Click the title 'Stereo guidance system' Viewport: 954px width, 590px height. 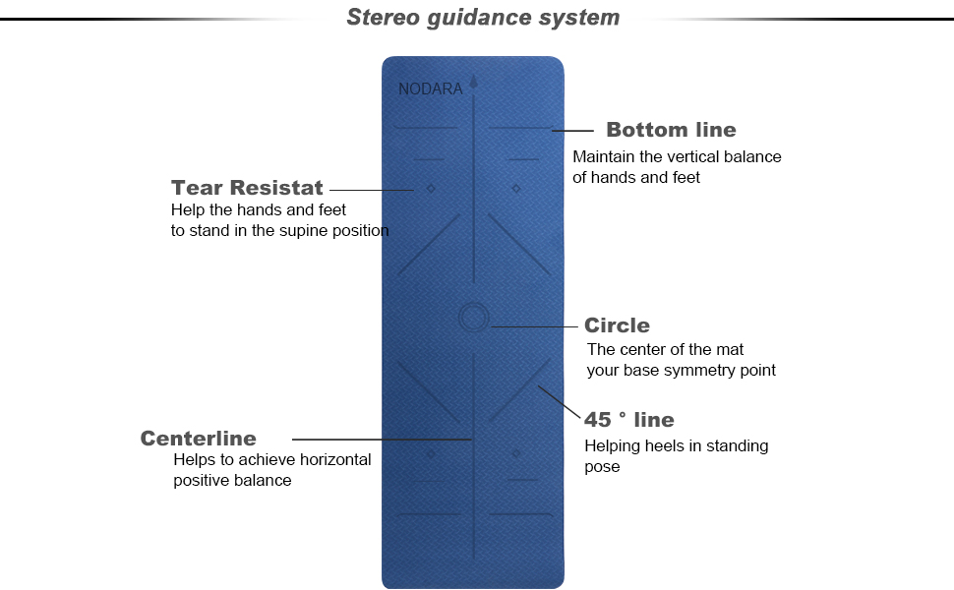pyautogui.click(x=483, y=18)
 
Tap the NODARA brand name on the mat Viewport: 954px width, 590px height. pyautogui.click(x=430, y=89)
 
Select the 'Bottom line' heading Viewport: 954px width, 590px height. pyautogui.click(x=671, y=130)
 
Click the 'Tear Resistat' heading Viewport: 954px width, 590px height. pyautogui.click(x=247, y=188)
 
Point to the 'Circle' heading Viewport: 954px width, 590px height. pyautogui.click(x=617, y=325)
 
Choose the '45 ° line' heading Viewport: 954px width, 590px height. pyautogui.click(x=629, y=420)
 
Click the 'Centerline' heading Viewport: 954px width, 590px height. pyautogui.click(x=198, y=439)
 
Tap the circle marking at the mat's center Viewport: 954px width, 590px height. pyautogui.click(x=473, y=317)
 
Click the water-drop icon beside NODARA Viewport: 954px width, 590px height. pyautogui.click(x=473, y=83)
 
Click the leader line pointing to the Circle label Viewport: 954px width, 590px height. pyautogui.click(x=531, y=325)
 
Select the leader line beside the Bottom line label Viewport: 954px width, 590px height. pyautogui.click(x=573, y=130)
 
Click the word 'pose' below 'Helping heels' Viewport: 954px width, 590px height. pyautogui.click(x=602, y=467)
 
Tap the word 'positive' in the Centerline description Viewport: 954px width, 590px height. pyautogui.click(x=202, y=481)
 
